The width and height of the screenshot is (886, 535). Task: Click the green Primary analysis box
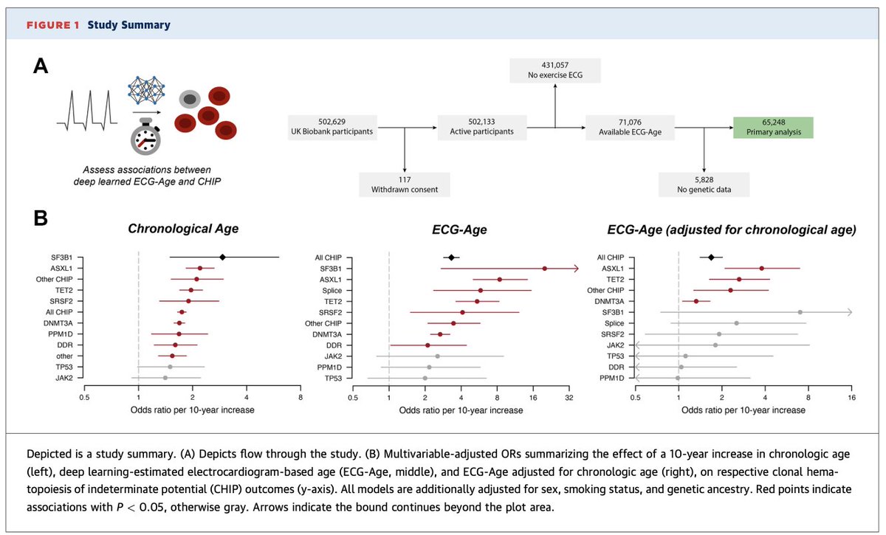pos(772,128)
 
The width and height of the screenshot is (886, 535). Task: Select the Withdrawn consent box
pos(405,184)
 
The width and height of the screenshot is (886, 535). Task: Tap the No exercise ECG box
pos(555,71)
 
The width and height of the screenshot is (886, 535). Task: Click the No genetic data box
pos(704,184)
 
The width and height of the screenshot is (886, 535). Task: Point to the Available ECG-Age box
pos(630,128)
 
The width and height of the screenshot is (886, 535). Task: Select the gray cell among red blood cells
pos(191,100)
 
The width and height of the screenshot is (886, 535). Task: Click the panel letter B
pos(42,219)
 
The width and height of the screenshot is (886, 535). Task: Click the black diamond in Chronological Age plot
pos(222,257)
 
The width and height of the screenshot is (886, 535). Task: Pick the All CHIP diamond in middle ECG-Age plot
pos(450,257)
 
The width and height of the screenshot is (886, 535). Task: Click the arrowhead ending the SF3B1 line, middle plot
pos(574,269)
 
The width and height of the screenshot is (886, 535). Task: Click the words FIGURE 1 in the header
pos(54,25)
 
